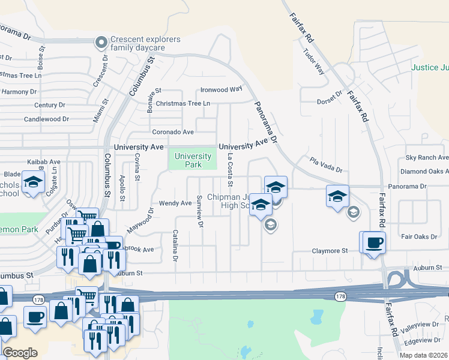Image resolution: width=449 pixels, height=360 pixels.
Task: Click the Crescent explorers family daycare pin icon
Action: coord(101,42)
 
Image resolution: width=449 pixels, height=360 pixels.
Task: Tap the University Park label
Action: coord(193,160)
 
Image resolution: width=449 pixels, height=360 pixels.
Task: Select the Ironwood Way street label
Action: coord(221,89)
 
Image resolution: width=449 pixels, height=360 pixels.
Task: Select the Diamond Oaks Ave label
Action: coord(423,172)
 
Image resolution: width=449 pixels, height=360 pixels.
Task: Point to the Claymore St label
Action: coord(330,251)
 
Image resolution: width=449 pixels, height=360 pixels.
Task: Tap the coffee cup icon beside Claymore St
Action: coord(374,242)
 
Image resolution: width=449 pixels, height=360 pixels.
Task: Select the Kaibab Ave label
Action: coord(44,162)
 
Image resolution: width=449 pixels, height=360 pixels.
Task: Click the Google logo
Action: coord(20,353)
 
